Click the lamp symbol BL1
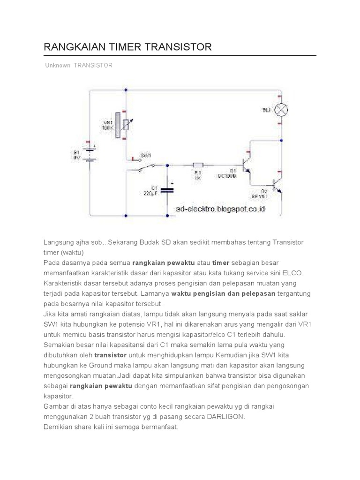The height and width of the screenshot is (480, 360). click(281, 110)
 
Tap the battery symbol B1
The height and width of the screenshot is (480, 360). click(90, 152)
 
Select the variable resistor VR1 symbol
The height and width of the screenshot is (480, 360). click(125, 124)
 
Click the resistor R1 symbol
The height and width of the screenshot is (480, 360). click(198, 165)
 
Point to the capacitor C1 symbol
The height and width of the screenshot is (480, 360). click(167, 189)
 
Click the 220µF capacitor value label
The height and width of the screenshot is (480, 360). click(150, 193)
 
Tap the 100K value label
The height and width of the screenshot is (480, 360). click(108, 127)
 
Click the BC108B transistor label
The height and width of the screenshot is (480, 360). click(228, 176)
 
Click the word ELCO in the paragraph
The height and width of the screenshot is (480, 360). click(293, 272)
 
